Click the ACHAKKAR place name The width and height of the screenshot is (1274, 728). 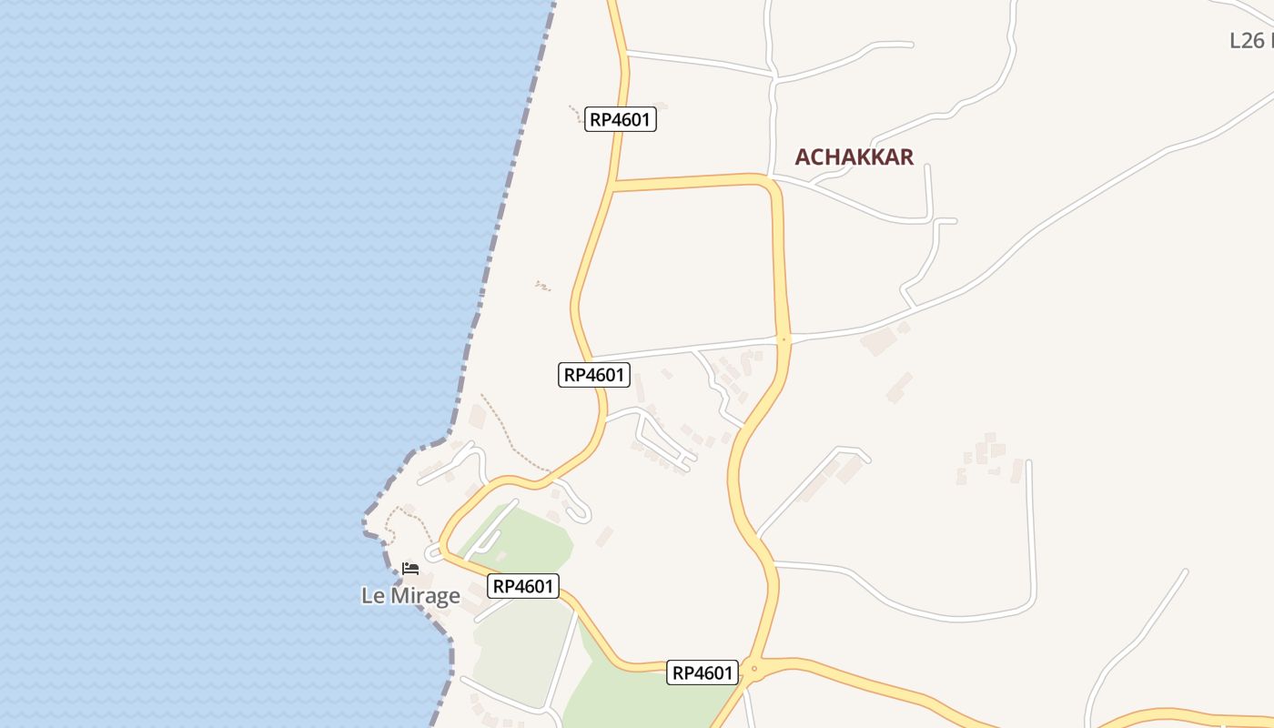[x=854, y=157]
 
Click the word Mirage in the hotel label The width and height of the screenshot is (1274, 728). [x=424, y=596]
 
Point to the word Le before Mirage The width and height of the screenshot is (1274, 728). [x=373, y=596]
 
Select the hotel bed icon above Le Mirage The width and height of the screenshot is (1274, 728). [x=410, y=569]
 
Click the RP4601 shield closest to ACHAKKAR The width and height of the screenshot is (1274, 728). [x=620, y=119]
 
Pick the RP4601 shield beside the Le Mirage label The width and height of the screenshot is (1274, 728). [x=523, y=586]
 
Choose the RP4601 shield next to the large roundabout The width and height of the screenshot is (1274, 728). [x=702, y=673]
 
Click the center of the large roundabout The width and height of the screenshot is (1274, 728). [x=753, y=671]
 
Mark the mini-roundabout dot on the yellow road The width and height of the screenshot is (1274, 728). [x=784, y=339]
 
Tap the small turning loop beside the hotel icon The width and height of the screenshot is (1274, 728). [x=432, y=552]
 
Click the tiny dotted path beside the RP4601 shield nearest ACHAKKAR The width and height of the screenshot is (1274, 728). [x=575, y=113]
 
